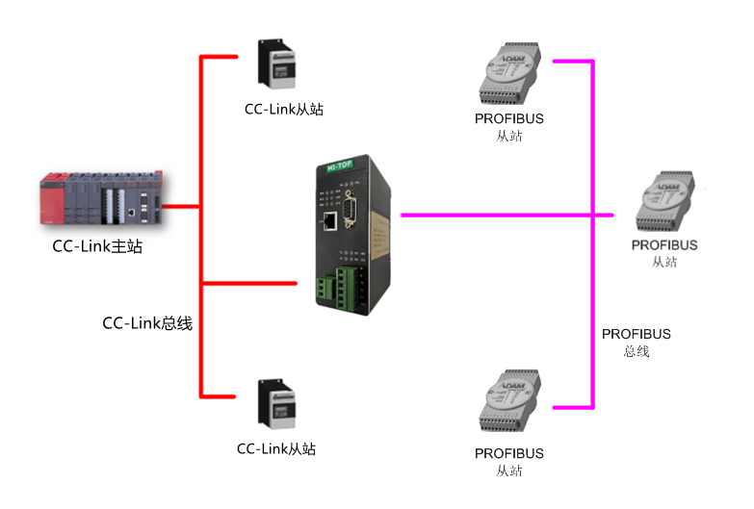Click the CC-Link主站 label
click(x=97, y=246)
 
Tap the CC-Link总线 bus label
click(x=147, y=323)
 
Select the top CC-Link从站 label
click(x=284, y=109)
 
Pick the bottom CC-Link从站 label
click(x=276, y=449)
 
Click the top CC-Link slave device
click(x=276, y=64)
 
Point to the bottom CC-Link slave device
click(x=276, y=404)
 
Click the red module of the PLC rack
click(x=51, y=199)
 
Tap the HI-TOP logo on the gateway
click(x=340, y=165)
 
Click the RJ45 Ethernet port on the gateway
click(x=330, y=220)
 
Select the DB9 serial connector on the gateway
click(x=351, y=209)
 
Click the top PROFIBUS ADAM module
click(x=509, y=73)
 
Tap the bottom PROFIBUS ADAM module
click(x=509, y=400)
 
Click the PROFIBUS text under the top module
click(x=508, y=118)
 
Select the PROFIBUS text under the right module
click(x=664, y=245)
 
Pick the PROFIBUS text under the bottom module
click(x=508, y=454)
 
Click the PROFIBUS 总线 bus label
click(x=637, y=343)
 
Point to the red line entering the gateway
click(x=249, y=284)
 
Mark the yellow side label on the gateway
click(x=379, y=235)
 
